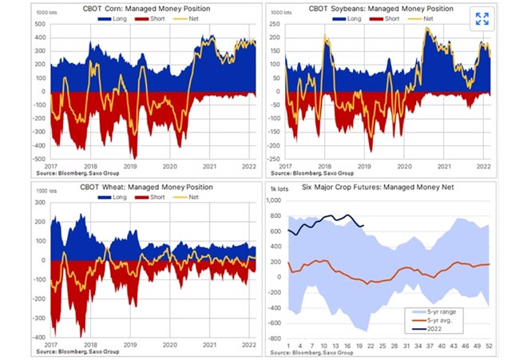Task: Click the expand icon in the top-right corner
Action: (481, 19)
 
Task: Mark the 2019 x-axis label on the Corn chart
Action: (133, 166)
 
